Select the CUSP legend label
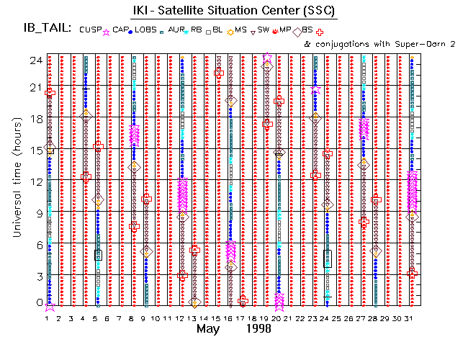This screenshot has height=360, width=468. tap(91, 30)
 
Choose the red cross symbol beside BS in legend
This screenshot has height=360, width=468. tap(330, 31)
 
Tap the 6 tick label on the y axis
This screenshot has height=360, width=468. tap(37, 245)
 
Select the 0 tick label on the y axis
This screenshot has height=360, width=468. tap(37, 303)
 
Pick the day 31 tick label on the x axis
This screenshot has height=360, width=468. tap(411, 318)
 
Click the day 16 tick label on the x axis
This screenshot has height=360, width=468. tap(230, 318)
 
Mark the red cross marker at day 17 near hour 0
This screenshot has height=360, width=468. tap(243, 300)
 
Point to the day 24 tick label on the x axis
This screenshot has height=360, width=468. tap(326, 318)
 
